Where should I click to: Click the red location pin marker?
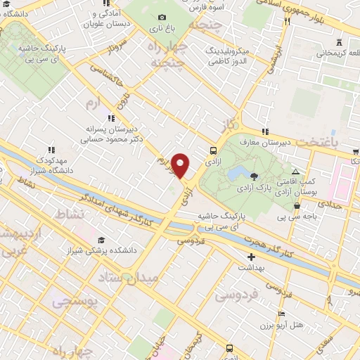181,165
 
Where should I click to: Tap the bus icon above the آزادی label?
212,150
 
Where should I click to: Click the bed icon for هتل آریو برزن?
282,314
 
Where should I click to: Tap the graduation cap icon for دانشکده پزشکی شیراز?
102,240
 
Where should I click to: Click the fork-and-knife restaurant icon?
287,22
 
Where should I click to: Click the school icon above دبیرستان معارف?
265,131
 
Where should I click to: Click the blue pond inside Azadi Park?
234,173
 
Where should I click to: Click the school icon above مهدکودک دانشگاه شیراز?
51,149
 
